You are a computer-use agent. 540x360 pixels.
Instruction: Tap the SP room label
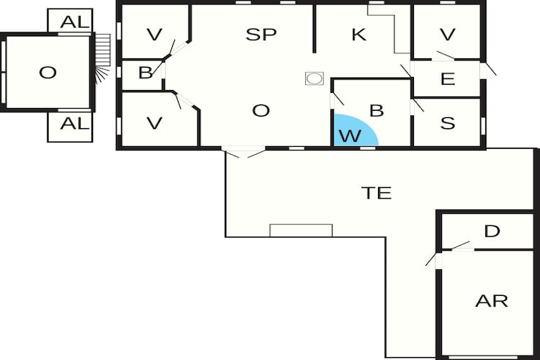pos(261,35)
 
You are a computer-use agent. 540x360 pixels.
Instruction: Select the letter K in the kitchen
pos(359,35)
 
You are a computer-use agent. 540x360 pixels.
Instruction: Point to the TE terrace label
pos(377,193)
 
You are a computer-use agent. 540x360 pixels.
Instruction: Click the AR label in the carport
pos(492,301)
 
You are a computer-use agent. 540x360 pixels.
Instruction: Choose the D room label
pos(492,231)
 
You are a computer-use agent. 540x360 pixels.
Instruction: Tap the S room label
pos(448,123)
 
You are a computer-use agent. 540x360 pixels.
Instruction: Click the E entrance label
pos(448,79)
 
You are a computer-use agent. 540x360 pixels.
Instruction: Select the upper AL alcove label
pos(75,22)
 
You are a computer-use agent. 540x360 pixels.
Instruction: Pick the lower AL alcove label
pos(75,123)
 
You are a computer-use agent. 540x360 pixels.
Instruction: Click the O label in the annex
pos(48,73)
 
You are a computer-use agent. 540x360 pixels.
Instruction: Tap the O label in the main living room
pos(261,111)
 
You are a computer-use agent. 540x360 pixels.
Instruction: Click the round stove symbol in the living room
pos(314,78)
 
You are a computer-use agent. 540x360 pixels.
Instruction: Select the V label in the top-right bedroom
pos(448,35)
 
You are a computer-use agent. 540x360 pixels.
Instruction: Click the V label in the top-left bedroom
pos(154,35)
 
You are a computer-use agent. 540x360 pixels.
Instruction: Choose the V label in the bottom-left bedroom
pos(154,123)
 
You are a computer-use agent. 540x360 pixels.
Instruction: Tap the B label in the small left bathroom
pos(145,73)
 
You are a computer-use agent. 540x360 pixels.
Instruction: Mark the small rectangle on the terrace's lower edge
pos(301,230)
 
